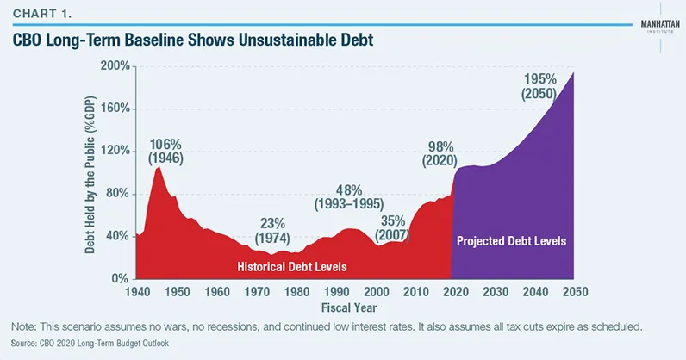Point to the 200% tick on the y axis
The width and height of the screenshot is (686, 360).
point(114,66)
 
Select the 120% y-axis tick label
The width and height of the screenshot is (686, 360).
point(114,151)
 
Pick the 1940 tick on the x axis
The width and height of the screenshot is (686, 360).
point(135,292)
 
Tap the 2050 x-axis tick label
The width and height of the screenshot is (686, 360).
point(575,292)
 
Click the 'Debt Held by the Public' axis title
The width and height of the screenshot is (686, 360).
point(90,172)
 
